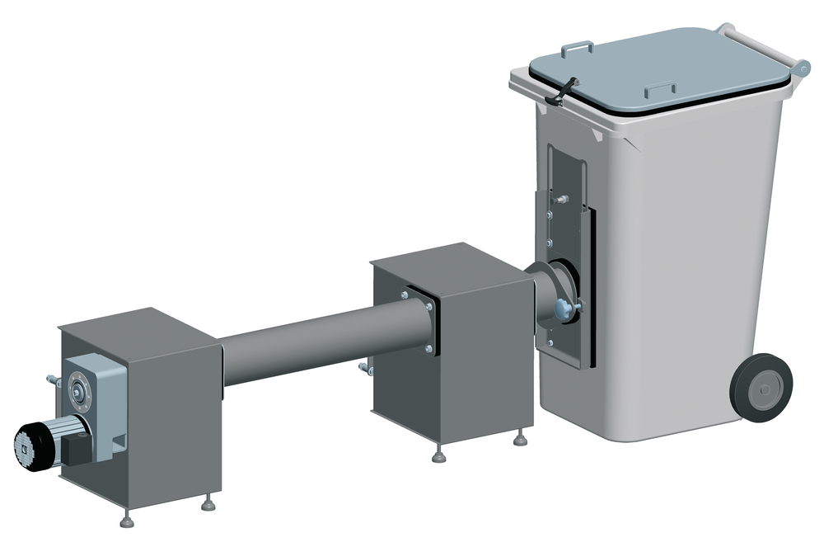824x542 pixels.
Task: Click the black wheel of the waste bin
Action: [x=762, y=387]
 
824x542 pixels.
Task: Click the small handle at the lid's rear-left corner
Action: [x=577, y=48]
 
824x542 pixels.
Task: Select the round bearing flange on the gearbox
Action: [x=79, y=390]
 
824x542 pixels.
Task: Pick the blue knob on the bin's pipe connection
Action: [x=564, y=309]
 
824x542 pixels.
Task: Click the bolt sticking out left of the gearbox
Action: [x=53, y=380]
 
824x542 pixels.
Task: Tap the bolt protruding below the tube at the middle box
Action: [x=365, y=369]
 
